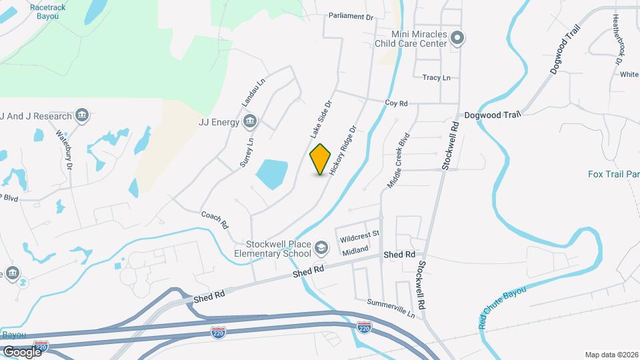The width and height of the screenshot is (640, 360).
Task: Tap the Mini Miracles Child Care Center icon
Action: pos(457,37)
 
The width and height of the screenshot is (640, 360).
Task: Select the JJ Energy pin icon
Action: pos(249,121)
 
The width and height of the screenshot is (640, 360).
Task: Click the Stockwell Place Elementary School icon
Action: pos(321,249)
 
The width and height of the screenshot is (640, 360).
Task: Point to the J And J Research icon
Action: pos(82,116)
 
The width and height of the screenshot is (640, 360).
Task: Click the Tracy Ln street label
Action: pos(436,78)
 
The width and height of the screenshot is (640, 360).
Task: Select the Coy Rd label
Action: pos(396,103)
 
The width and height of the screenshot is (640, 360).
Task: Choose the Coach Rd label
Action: pos(215,219)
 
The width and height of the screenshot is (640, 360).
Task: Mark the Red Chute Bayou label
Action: pos(502,307)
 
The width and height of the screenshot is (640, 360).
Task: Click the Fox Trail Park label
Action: pos(613,175)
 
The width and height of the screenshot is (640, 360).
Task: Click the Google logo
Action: pos(22,351)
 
